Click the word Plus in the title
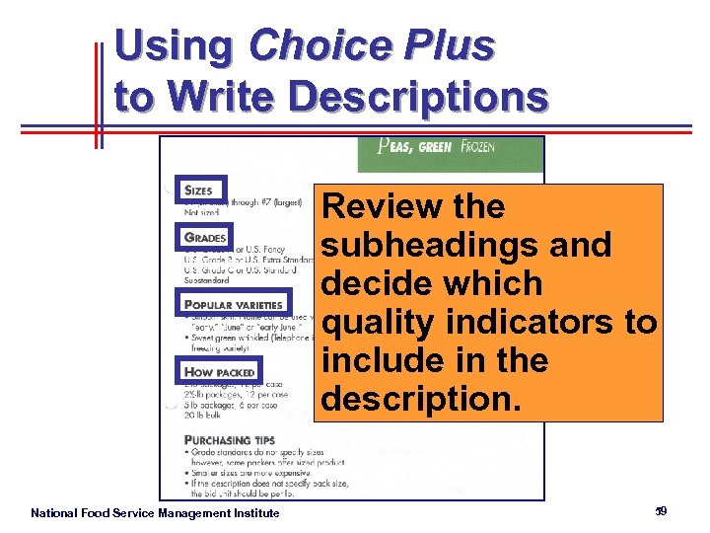click(x=450, y=45)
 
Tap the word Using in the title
click(x=174, y=45)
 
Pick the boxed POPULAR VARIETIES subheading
click(x=235, y=305)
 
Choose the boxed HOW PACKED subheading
click(x=220, y=371)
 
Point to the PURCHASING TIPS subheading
click(x=230, y=439)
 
